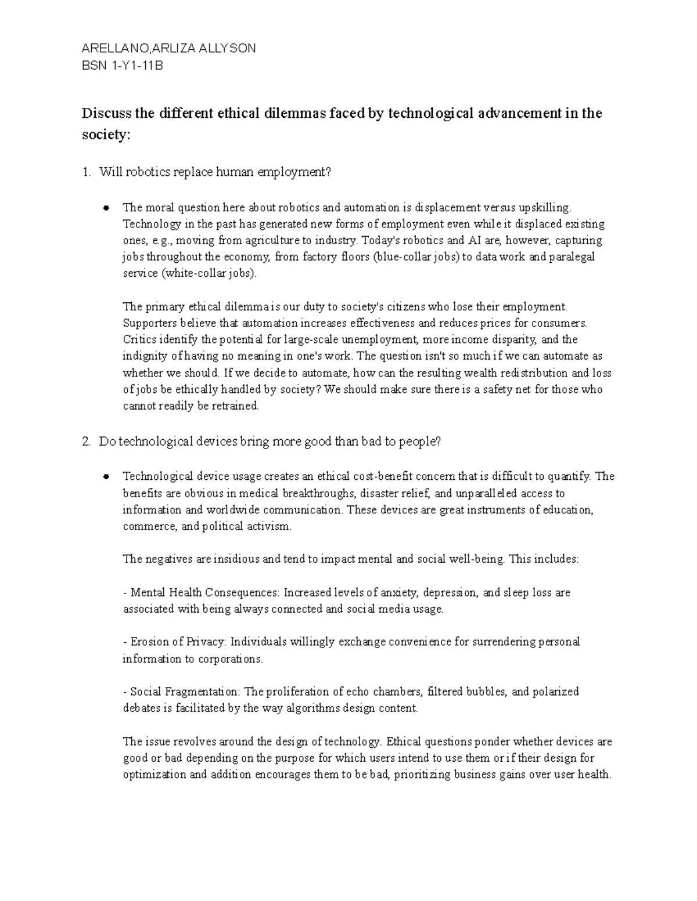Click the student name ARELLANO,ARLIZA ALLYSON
169,49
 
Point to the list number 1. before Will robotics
87,172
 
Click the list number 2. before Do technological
87,442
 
